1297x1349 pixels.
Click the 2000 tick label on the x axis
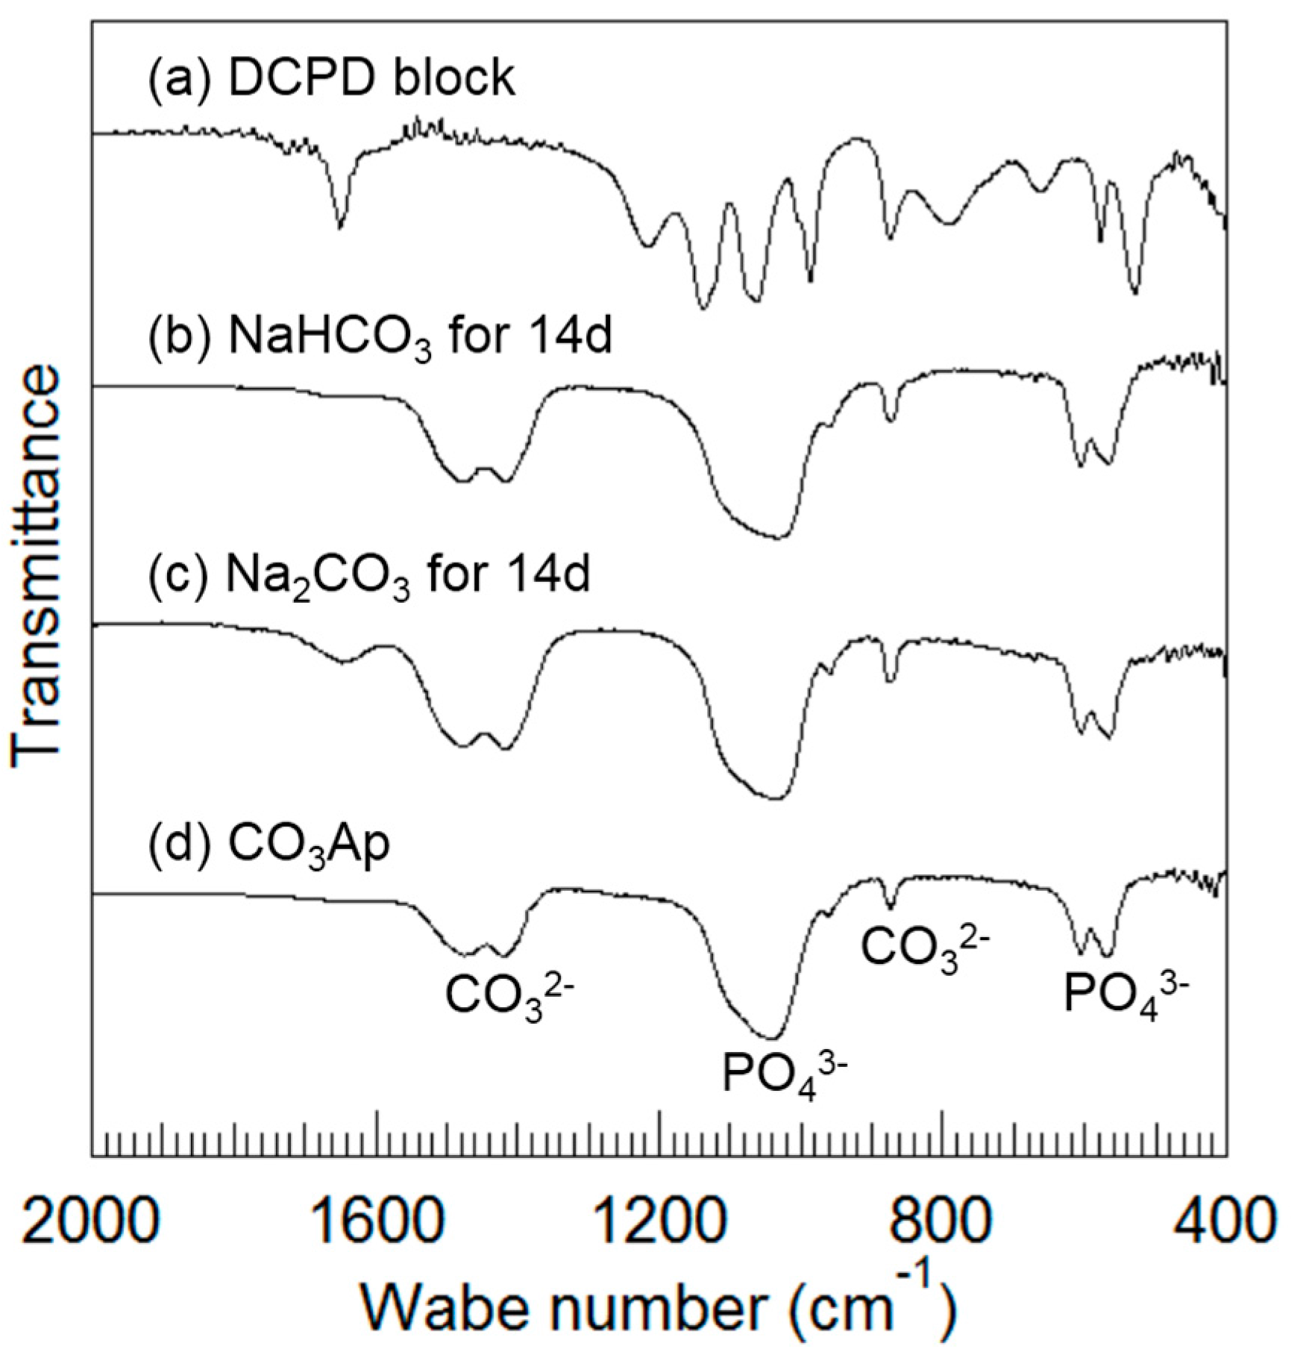tap(92, 1224)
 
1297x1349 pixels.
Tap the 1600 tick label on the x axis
tap(375, 1224)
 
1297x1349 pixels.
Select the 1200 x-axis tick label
tap(659, 1224)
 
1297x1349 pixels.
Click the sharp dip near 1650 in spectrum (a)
tap(340, 226)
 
